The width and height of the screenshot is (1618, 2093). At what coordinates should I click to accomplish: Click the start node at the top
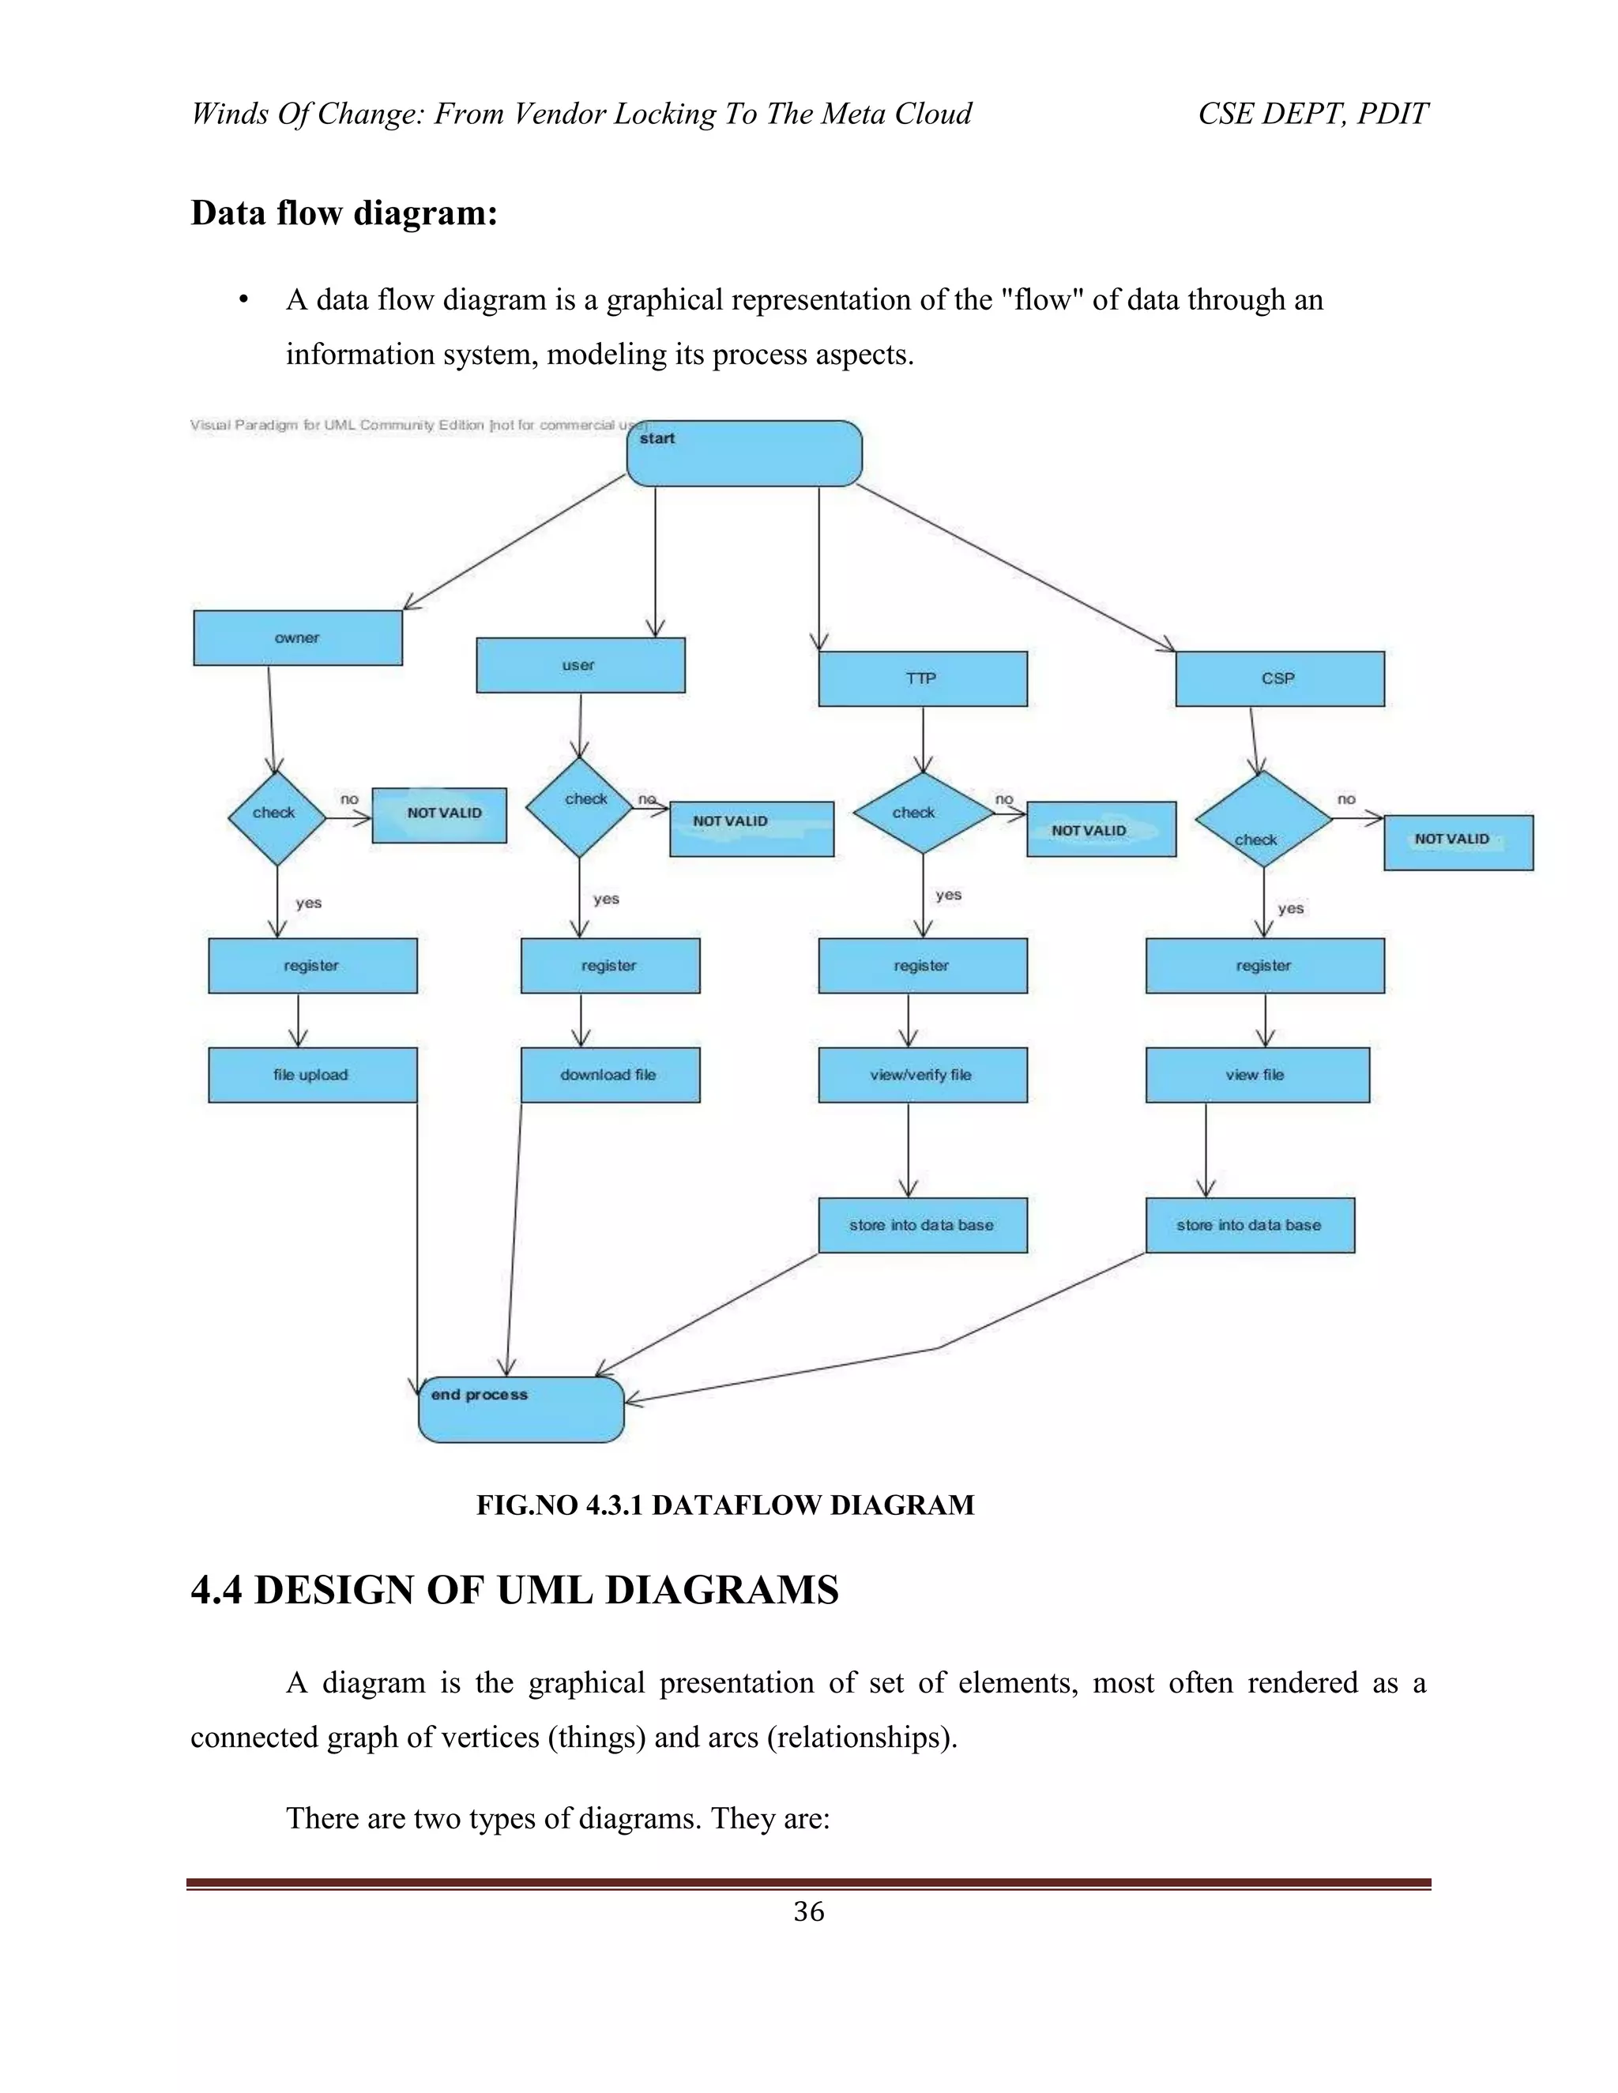click(743, 453)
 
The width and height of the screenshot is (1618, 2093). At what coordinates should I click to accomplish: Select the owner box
click(297, 638)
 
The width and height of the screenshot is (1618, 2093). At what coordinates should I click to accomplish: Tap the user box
click(580, 665)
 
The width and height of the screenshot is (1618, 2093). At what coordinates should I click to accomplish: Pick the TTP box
click(922, 678)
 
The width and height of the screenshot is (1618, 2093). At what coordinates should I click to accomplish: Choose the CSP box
click(1279, 678)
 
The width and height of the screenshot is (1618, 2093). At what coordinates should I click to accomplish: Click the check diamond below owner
click(276, 817)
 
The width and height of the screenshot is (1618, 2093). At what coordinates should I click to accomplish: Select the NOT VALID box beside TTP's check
click(1101, 830)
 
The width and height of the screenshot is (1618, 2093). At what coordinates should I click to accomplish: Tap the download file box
click(610, 1075)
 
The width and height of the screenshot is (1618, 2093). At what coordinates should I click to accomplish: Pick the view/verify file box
click(922, 1075)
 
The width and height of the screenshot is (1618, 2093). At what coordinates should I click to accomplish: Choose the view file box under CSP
click(1257, 1075)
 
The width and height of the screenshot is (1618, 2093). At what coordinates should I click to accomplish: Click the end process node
click(521, 1410)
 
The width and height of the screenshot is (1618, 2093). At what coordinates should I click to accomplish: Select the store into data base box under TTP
click(922, 1226)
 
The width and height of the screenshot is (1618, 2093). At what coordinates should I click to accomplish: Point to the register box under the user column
click(610, 966)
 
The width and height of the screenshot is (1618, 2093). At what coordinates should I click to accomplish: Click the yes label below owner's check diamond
click(309, 903)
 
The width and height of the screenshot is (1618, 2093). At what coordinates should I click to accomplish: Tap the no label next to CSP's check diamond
click(1345, 799)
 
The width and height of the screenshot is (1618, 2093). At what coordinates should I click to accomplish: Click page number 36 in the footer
click(808, 1912)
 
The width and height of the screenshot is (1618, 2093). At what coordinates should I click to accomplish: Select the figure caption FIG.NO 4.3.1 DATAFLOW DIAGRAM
click(724, 1505)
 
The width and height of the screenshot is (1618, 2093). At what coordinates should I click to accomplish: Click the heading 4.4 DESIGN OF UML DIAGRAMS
click(515, 1590)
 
